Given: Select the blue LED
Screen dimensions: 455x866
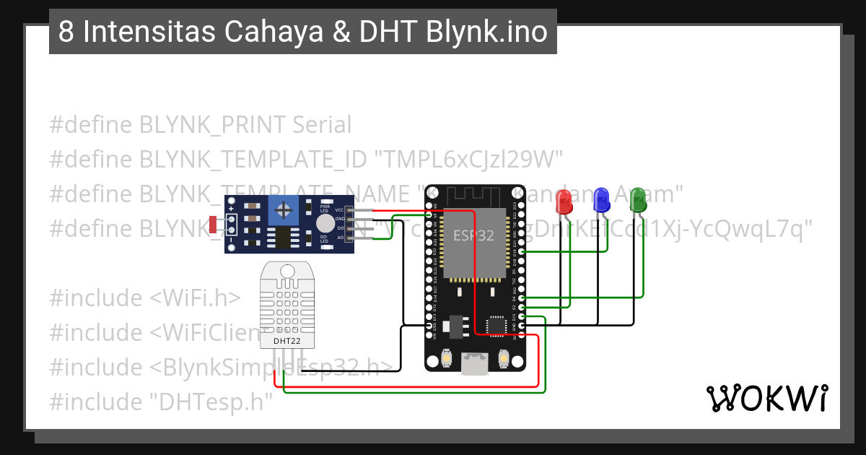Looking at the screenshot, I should tap(600, 201).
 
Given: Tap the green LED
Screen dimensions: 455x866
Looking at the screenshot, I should tap(637, 200).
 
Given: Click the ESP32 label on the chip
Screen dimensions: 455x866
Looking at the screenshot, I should tap(473, 235).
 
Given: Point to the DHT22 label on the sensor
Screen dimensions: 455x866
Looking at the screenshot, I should tap(287, 340).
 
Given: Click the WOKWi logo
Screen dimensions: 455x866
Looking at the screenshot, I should tap(766, 398).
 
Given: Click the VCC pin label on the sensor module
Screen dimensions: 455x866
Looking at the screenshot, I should tap(339, 209).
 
